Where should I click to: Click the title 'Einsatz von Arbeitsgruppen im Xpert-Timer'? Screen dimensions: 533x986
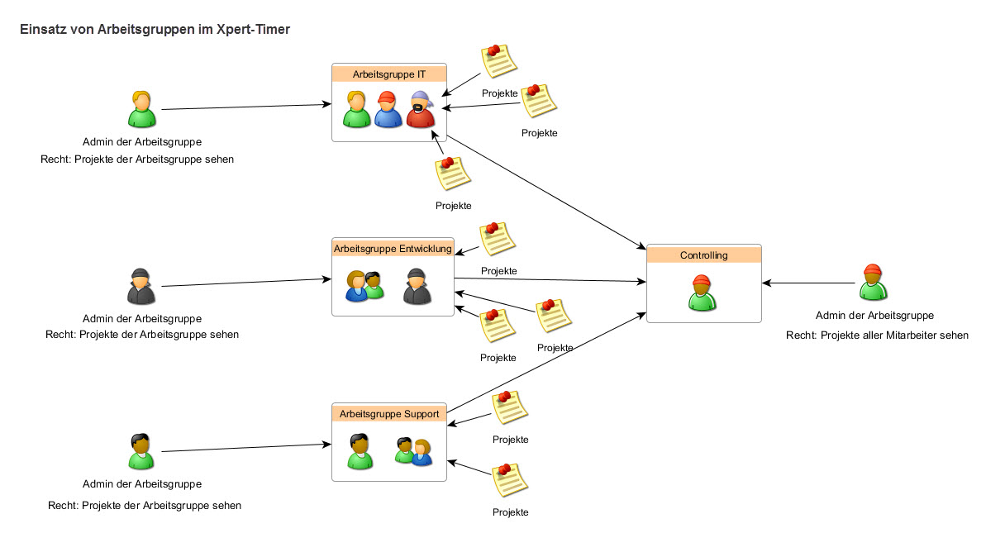tap(155, 29)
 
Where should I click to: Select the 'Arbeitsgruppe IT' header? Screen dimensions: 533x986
tap(388, 74)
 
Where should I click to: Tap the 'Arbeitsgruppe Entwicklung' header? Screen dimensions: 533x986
tap(393, 248)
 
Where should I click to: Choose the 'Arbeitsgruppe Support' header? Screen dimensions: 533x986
tap(388, 413)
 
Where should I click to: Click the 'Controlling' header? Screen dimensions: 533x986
tap(703, 255)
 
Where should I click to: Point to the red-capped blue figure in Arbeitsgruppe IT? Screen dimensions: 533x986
tap(388, 109)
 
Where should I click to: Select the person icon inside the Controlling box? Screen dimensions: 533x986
tap(701, 292)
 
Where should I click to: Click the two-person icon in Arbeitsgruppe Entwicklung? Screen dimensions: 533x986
tap(364, 286)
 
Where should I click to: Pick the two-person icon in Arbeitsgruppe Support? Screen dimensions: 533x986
tap(413, 451)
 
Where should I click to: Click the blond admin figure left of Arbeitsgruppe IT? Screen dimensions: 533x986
tap(142, 109)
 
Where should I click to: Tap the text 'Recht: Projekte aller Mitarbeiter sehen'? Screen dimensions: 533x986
tap(877, 336)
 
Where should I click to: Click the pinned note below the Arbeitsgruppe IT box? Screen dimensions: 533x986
tap(452, 174)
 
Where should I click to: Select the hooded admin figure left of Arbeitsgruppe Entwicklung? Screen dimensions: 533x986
tap(141, 286)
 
